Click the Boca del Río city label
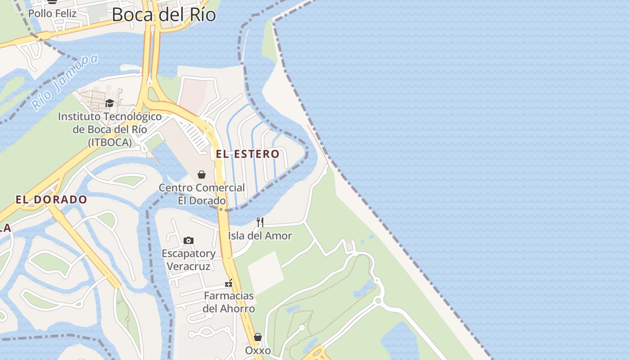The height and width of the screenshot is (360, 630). point(164,14)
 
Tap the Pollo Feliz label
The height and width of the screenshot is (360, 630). point(52,13)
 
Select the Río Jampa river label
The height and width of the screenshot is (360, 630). point(65,82)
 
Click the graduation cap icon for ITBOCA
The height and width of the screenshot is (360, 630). point(109,103)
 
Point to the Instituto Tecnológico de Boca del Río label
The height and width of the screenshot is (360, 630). point(110,129)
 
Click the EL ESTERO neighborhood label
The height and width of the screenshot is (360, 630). point(247,154)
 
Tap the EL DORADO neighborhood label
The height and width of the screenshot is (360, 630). point(51,199)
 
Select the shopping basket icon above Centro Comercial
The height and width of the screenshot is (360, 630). point(202,175)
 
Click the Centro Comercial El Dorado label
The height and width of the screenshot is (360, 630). point(202,194)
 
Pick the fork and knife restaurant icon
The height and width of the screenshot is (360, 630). point(260,222)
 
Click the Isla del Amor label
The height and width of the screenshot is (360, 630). point(260,235)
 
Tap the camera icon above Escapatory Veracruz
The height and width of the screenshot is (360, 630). point(189,241)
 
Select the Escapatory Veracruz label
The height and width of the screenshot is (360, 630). point(189,260)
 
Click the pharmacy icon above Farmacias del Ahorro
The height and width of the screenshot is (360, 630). point(229,283)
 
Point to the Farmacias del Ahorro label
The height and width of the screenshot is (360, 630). point(229,302)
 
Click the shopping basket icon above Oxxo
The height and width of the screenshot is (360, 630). point(258,337)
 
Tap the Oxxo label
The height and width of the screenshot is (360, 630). point(258,351)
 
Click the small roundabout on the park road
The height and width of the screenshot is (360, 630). point(378,300)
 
